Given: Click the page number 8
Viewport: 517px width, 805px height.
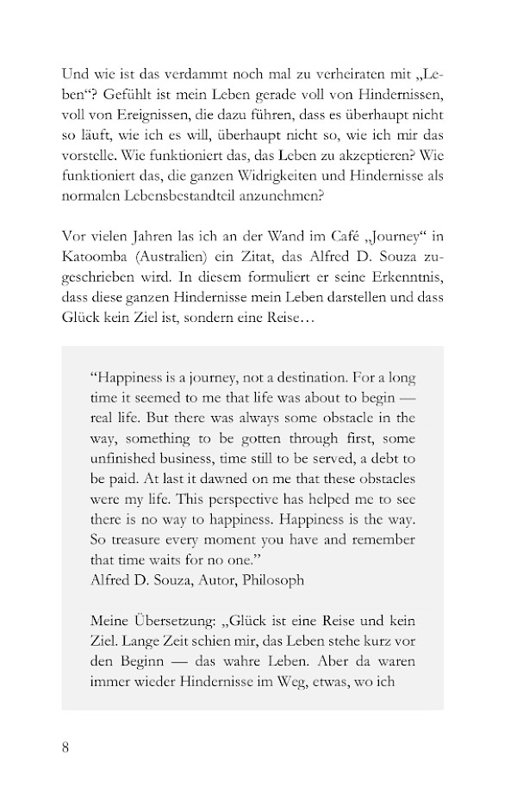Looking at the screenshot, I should (66, 746).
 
